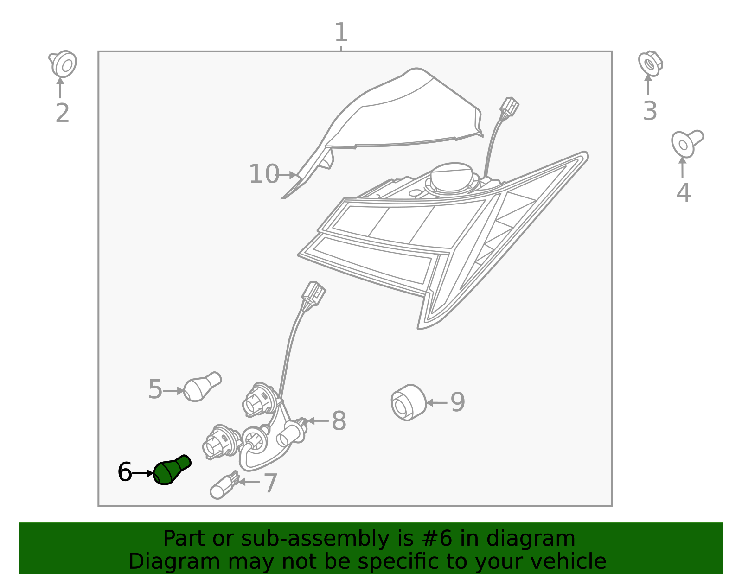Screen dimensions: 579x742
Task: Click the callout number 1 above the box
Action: tap(341, 33)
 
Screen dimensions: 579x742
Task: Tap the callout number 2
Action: tap(62, 113)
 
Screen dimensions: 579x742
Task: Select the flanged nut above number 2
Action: tap(64, 64)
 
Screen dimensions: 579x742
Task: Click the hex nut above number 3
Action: tap(650, 64)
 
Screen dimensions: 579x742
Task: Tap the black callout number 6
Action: tap(125, 472)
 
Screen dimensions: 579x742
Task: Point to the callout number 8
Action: tap(339, 421)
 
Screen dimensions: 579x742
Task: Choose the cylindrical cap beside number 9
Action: tap(408, 402)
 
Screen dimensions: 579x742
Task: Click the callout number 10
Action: tap(263, 174)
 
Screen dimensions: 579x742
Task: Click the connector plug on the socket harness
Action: tap(313, 293)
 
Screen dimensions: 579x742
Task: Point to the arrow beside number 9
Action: tap(436, 402)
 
